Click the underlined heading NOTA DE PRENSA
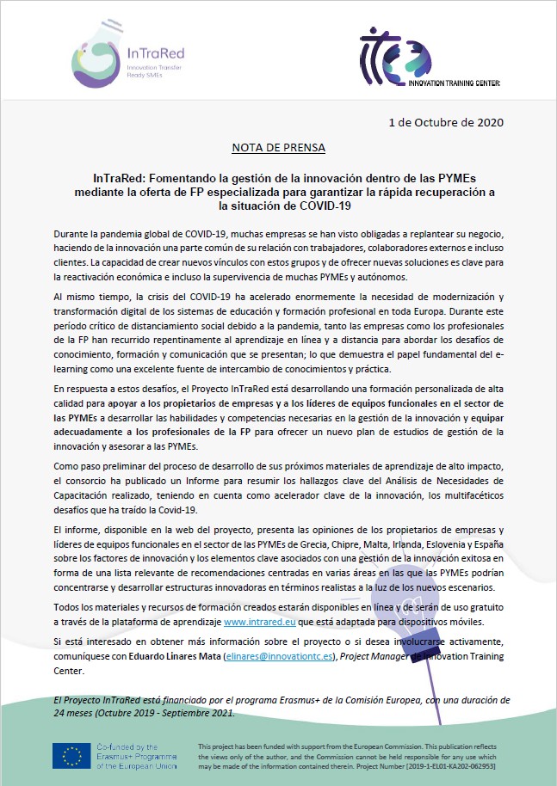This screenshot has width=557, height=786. click(x=279, y=147)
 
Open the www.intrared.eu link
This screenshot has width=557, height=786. click(x=259, y=620)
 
